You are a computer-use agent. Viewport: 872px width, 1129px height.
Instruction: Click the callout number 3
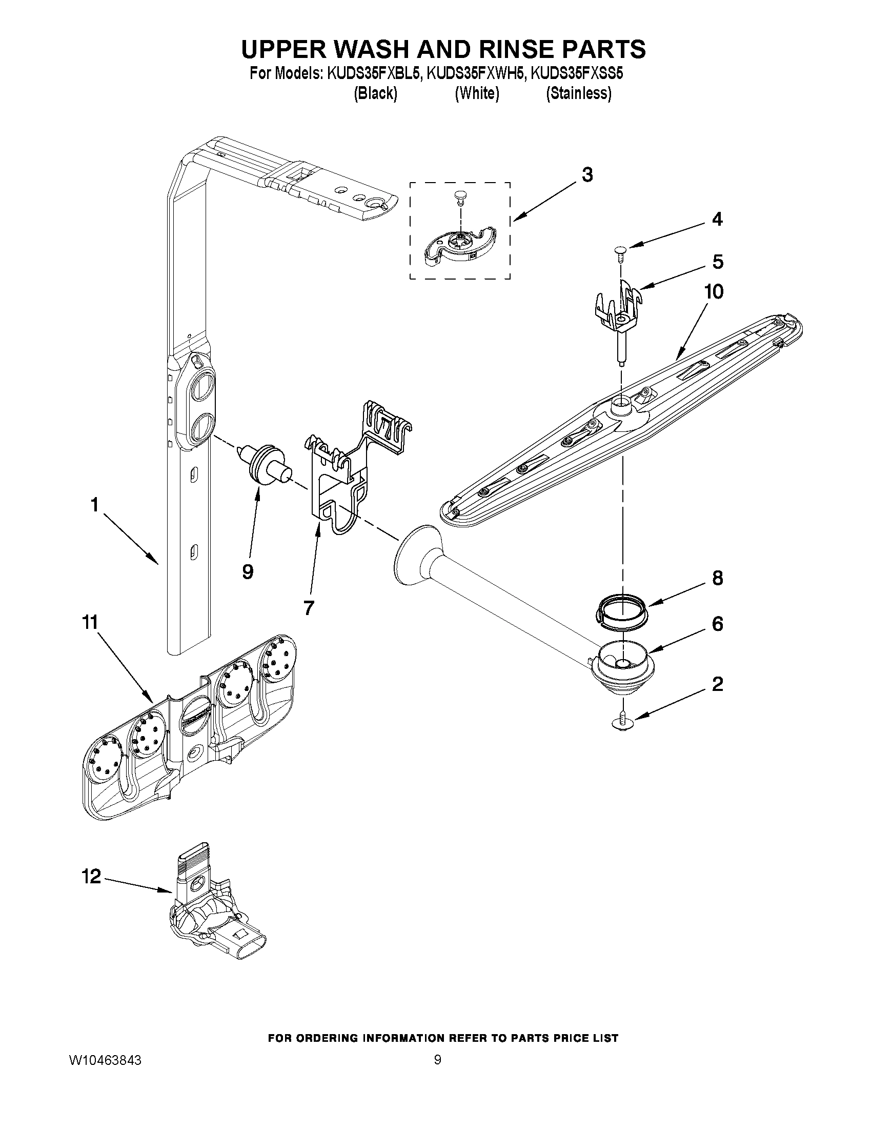tap(587, 175)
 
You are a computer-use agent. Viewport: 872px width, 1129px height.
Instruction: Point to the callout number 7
tap(309, 608)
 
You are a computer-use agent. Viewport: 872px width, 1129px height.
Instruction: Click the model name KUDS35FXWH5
tap(476, 73)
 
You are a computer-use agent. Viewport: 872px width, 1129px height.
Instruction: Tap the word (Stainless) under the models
tap(579, 93)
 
